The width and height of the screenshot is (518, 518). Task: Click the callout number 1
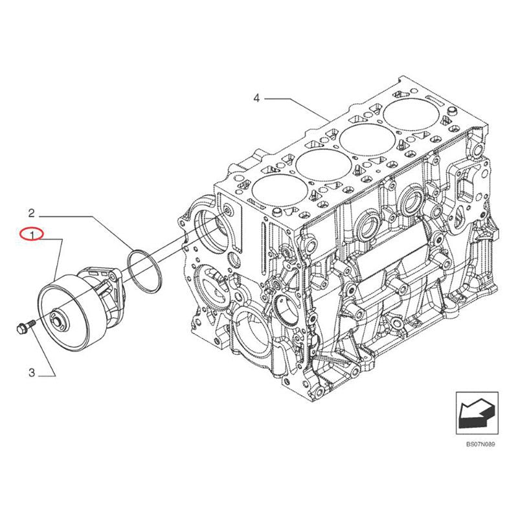pyautogui.click(x=30, y=234)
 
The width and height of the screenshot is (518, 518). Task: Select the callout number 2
pyautogui.click(x=30, y=212)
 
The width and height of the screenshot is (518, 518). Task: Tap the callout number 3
pyautogui.click(x=30, y=372)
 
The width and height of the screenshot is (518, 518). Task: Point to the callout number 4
pyautogui.click(x=256, y=98)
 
